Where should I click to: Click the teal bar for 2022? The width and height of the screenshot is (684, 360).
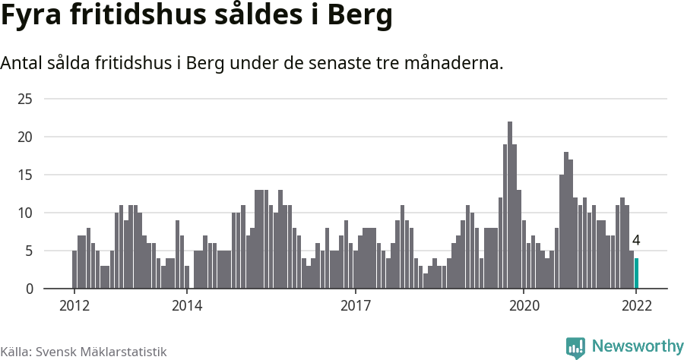636,273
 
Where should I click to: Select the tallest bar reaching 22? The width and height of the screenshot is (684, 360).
510,205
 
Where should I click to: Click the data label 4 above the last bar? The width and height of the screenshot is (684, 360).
636,241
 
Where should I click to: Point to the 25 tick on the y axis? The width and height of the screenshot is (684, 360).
25,99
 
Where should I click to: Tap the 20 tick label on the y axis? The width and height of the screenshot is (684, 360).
25,137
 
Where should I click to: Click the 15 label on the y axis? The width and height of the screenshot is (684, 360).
25,175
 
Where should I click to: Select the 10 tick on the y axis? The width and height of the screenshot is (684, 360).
25,213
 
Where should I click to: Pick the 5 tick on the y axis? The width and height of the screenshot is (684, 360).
28,251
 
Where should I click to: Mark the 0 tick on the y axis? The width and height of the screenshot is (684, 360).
28,289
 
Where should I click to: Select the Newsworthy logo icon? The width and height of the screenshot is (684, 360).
575,348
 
